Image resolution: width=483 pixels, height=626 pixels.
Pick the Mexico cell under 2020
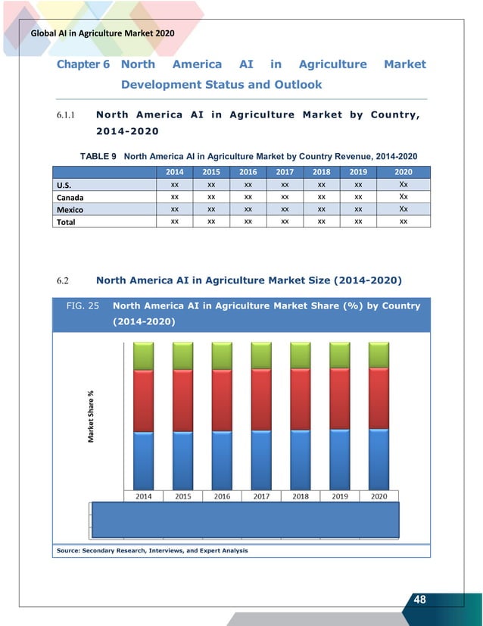pyautogui.click(x=403, y=209)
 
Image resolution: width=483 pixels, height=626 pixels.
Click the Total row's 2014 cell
pyautogui.click(x=175, y=221)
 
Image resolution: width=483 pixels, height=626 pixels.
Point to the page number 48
pyautogui.click(x=419, y=600)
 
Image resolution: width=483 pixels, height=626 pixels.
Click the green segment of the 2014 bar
pyautogui.click(x=143, y=355)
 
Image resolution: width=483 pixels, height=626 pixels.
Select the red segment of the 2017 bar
pyautogui.click(x=261, y=400)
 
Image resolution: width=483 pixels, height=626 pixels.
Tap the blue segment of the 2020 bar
pyautogui.click(x=379, y=459)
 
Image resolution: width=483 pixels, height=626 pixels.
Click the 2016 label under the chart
pyautogui.click(x=222, y=496)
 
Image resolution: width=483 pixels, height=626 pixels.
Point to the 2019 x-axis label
pyautogui.click(x=339, y=496)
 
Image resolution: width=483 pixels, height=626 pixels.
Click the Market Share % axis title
pyautogui.click(x=91, y=417)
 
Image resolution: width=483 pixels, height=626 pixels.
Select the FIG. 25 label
pyautogui.click(x=82, y=307)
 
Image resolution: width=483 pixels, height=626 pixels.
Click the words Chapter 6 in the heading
pyautogui.click(x=83, y=64)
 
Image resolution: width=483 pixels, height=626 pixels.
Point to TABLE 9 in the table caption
pyautogui.click(x=98, y=156)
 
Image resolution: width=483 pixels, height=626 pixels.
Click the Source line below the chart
pyautogui.click(x=151, y=549)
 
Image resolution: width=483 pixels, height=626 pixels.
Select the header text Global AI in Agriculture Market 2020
pyautogui.click(x=101, y=33)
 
